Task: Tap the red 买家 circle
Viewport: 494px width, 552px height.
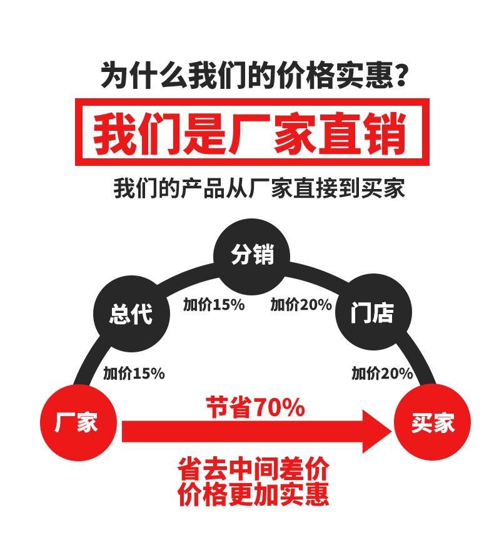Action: tap(432, 424)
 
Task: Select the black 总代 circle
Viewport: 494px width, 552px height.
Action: tap(131, 314)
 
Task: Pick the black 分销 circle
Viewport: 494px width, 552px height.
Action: tap(252, 255)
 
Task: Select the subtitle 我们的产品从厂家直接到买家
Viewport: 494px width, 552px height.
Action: tap(259, 188)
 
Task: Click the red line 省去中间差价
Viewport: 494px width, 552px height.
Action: tap(253, 469)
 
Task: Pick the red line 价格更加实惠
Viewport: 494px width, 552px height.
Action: tap(253, 495)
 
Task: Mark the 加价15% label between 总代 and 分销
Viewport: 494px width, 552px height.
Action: tap(213, 305)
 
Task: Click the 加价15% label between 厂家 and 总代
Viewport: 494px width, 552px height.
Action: tap(134, 374)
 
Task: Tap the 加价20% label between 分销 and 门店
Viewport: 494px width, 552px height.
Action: tap(301, 305)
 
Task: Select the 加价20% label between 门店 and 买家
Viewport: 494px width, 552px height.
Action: tap(382, 374)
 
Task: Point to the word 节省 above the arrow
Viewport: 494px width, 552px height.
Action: tap(228, 408)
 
